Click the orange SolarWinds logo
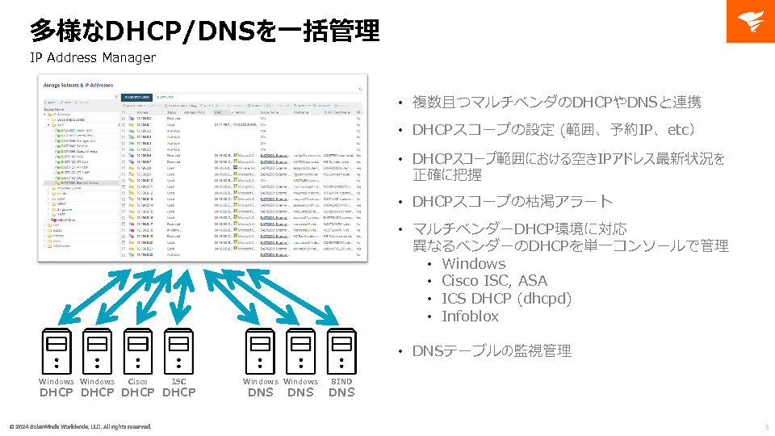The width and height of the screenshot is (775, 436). tap(750, 22)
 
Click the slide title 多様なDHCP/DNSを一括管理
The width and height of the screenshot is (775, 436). tap(204, 31)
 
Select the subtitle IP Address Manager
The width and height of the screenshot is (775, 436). tap(93, 57)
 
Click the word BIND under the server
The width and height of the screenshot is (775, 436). tap(341, 382)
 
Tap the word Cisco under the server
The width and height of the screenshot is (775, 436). tap(138, 382)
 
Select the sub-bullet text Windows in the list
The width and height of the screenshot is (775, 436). tap(473, 264)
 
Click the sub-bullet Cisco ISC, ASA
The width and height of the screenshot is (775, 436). tap(494, 281)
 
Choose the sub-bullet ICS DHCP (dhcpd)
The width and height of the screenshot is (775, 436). tap(506, 299)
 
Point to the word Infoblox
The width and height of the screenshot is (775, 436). tap(470, 317)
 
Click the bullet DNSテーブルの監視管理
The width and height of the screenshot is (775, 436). tap(492, 351)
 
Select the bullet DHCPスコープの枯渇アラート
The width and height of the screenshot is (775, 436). tap(513, 202)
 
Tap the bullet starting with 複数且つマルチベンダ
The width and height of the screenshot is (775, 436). tap(556, 102)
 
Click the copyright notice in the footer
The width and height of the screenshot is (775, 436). tap(80, 426)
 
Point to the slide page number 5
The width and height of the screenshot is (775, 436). tap(766, 426)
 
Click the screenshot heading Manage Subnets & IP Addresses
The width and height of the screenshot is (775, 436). tap(77, 85)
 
